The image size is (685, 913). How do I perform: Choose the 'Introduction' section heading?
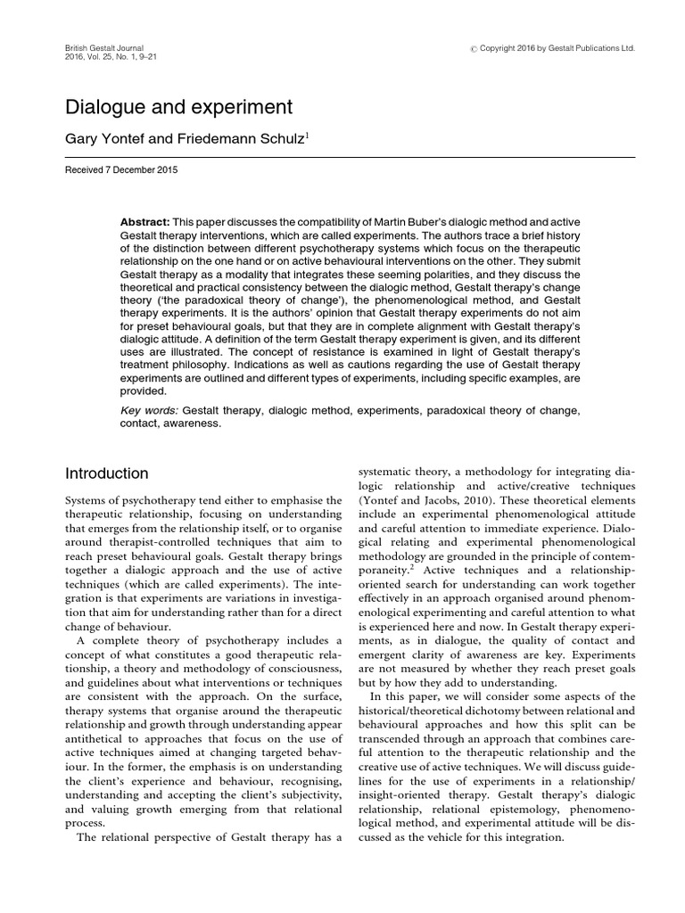pyautogui.click(x=107, y=473)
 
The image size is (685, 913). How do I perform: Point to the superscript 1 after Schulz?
pyautogui.click(x=308, y=135)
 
